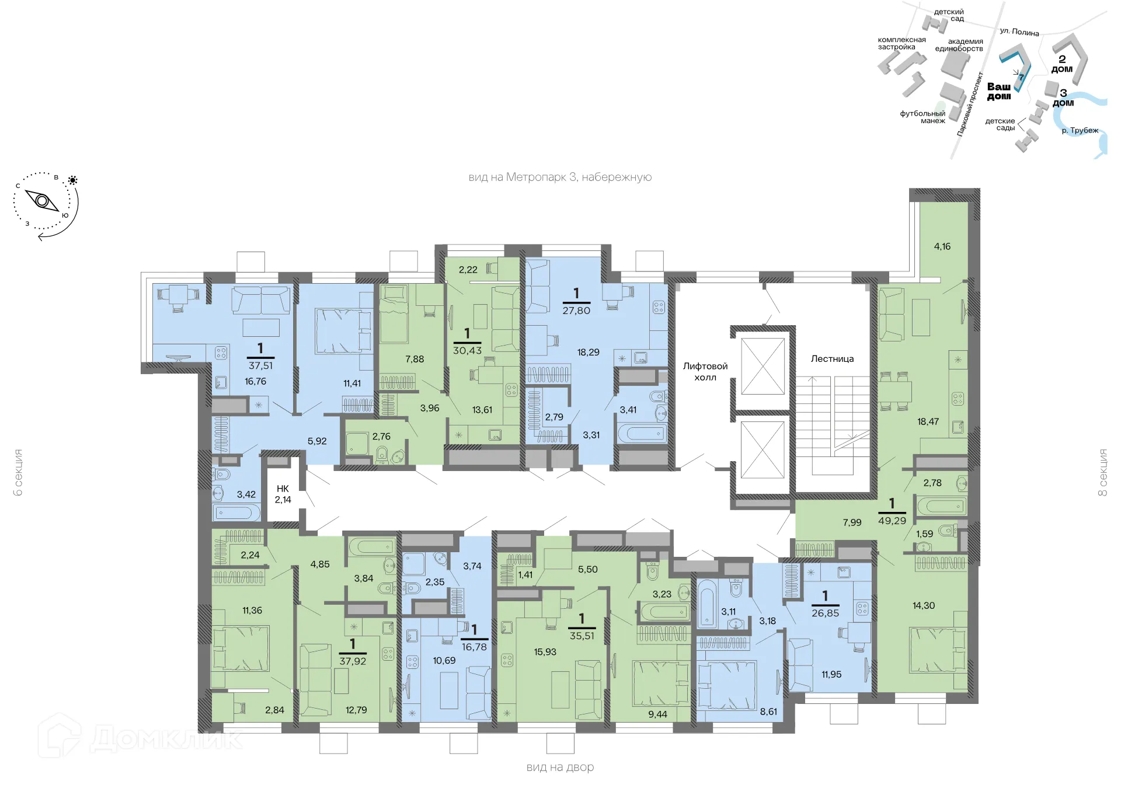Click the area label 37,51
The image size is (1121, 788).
[260, 365]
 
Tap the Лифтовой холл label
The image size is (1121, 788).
[705, 371]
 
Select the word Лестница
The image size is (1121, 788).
[832, 358]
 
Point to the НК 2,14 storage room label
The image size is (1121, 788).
[283, 494]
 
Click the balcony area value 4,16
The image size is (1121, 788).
[942, 246]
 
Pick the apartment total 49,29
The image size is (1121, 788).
[892, 520]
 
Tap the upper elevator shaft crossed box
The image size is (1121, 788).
[763, 367]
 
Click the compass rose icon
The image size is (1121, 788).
[43, 201]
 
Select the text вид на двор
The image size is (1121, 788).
[560, 767]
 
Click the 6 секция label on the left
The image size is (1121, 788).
[18, 472]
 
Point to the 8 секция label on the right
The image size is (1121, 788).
[1102, 472]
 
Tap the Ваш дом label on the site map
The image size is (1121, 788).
[999, 91]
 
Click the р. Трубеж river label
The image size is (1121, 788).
[1080, 130]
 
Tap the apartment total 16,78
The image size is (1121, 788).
[474, 647]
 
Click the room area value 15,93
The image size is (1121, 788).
[545, 651]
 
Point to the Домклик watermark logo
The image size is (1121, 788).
[140, 738]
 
